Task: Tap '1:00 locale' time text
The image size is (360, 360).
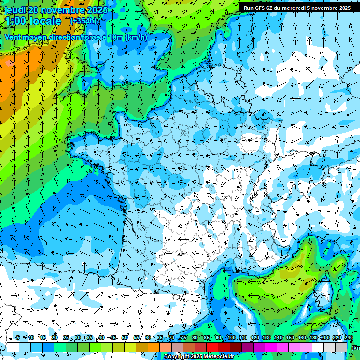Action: click(33, 21)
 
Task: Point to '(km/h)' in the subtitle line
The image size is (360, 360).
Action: click(136, 37)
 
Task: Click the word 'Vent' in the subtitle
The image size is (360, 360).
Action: click(14, 37)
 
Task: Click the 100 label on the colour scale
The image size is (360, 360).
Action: click(231, 337)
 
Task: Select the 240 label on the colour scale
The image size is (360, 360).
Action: click(348, 337)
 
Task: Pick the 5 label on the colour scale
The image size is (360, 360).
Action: click(17, 337)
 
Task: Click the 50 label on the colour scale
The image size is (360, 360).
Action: click(125, 337)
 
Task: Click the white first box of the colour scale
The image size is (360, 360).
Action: click(13, 347)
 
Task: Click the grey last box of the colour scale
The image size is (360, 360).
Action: click(341, 347)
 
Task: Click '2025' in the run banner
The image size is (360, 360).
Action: click(344, 8)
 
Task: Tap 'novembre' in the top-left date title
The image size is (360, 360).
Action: click(63, 10)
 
